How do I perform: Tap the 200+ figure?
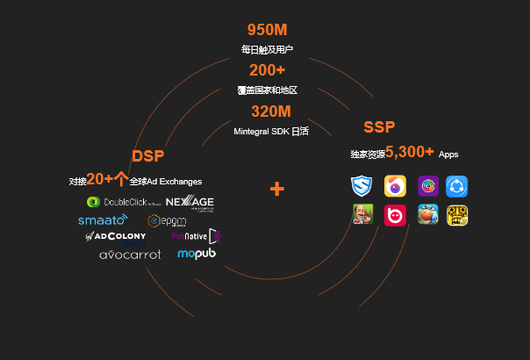(267, 70)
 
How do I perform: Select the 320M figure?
(270, 112)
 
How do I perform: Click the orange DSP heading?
(148, 156)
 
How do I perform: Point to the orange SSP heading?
(379, 127)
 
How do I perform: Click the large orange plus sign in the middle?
(277, 189)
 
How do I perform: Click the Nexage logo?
(190, 203)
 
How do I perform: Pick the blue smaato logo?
(103, 220)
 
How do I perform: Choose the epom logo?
(167, 220)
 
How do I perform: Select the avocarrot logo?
(130, 255)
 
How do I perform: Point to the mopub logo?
(197, 254)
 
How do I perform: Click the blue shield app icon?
(362, 186)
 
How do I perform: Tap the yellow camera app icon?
(395, 186)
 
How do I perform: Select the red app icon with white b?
(395, 215)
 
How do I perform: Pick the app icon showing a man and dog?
(362, 215)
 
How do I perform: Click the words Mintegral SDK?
(261, 132)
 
